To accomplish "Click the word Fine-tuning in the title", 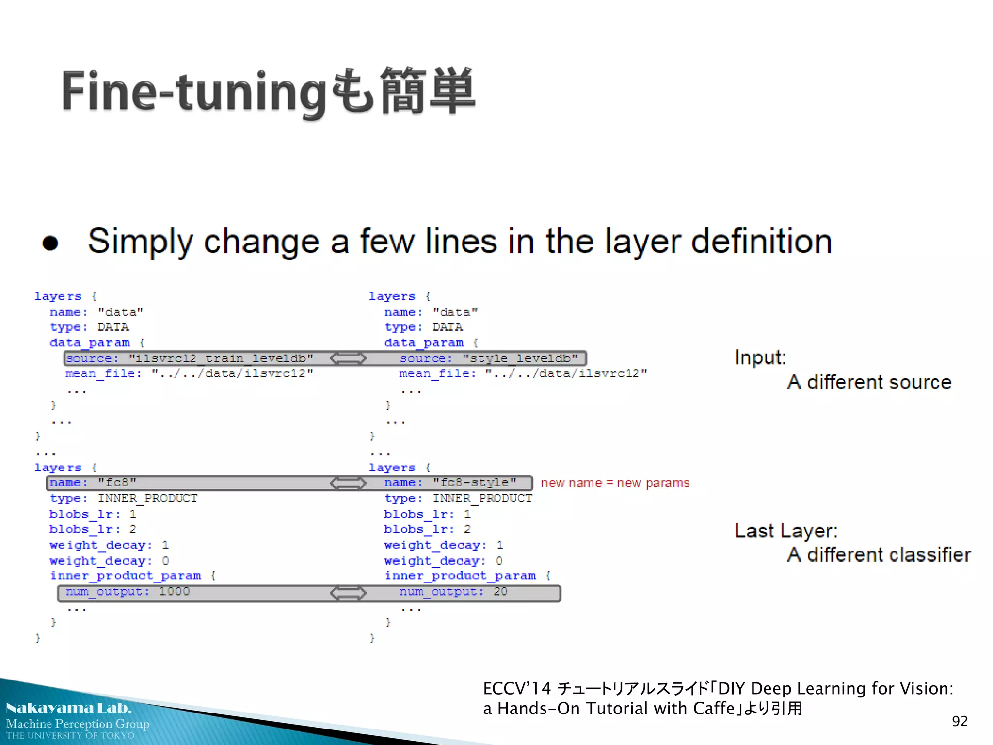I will (x=194, y=92).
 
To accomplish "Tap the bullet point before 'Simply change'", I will (x=50, y=243).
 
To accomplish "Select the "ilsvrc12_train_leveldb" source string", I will (x=221, y=358).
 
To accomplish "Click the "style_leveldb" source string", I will (x=520, y=358).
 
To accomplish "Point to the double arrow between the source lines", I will (x=348, y=358).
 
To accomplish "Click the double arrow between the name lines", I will (x=348, y=483).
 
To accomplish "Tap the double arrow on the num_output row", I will (x=348, y=593).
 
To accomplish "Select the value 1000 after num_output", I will (x=175, y=592).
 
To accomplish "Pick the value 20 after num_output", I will (x=500, y=592).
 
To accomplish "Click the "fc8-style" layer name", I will (x=474, y=483).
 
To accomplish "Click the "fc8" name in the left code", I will (x=117, y=483).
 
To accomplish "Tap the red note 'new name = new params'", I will (x=615, y=483).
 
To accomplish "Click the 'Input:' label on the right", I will (x=760, y=358).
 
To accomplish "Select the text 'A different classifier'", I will (x=879, y=554).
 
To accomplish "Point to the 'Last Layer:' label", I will (x=785, y=531).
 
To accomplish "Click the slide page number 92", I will (x=960, y=721).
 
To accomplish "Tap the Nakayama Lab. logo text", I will (x=68, y=708).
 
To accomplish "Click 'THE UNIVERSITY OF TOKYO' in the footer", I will (x=70, y=736).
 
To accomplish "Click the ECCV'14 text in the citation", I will (x=517, y=689).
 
